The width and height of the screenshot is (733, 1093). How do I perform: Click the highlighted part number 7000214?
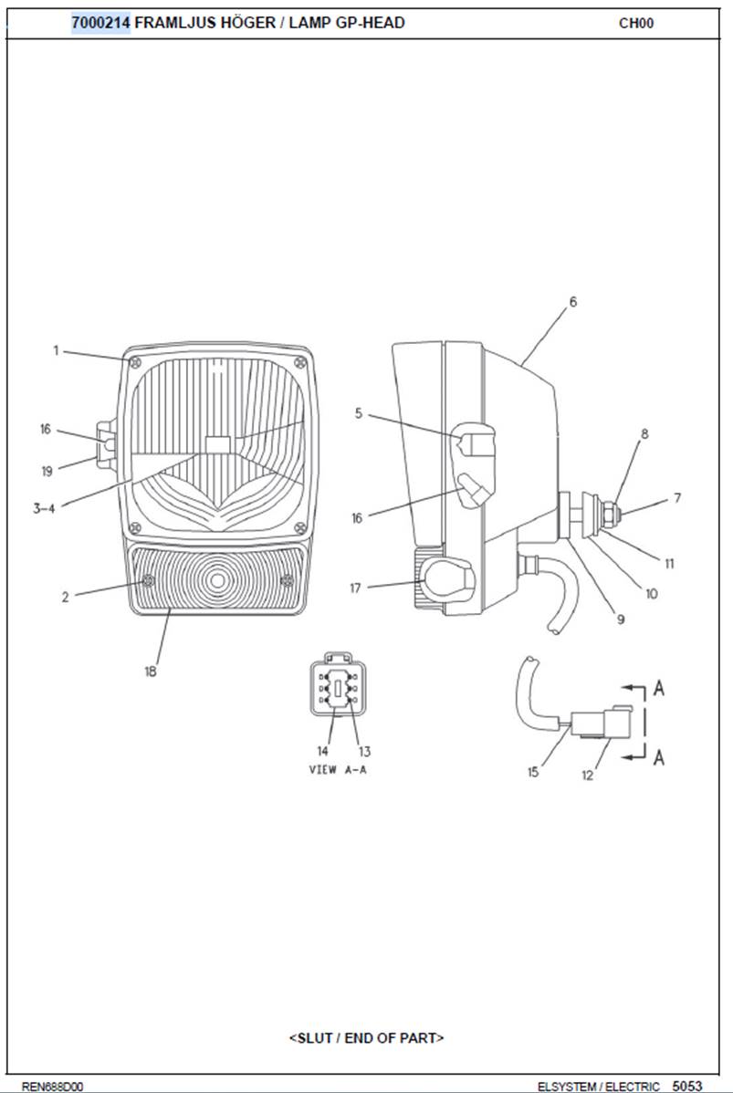(100, 23)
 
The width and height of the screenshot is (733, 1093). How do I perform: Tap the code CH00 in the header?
(636, 23)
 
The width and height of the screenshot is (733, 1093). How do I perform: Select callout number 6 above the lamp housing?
(573, 302)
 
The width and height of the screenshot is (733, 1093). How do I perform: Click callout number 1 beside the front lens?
(57, 350)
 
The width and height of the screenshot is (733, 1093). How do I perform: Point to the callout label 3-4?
(43, 508)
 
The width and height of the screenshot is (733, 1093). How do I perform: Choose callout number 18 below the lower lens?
(151, 671)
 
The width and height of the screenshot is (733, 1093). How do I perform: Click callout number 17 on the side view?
(356, 588)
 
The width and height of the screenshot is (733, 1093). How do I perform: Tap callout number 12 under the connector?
(588, 775)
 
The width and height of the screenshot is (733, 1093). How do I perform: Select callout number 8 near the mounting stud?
(644, 433)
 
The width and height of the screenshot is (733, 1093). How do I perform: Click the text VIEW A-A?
(338, 769)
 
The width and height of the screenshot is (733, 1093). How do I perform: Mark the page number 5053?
(687, 1086)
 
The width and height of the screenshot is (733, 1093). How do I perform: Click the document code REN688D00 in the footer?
(52, 1086)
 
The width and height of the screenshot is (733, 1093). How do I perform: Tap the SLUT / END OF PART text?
(366, 1037)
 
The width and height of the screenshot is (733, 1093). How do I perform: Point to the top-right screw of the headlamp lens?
(300, 362)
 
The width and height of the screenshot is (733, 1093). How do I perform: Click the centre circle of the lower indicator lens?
(217, 580)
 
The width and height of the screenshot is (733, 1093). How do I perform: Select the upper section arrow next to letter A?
(634, 688)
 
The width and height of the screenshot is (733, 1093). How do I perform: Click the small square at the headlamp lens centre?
(218, 444)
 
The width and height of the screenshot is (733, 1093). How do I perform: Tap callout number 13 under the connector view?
(364, 752)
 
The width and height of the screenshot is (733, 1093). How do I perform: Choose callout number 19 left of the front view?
(47, 471)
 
